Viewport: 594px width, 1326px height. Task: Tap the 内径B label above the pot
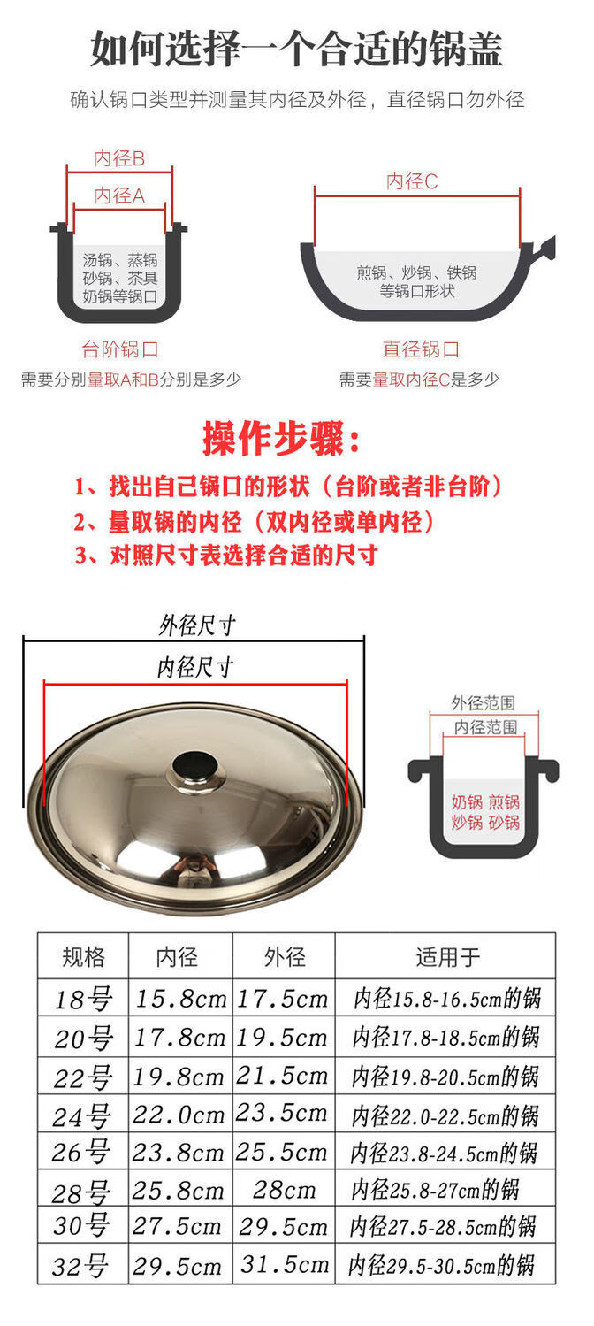pyautogui.click(x=119, y=158)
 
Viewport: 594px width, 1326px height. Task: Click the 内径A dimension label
pyautogui.click(x=119, y=195)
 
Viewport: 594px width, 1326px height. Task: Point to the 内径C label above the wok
pyautogui.click(x=412, y=181)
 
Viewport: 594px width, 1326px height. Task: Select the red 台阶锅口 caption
pyautogui.click(x=120, y=349)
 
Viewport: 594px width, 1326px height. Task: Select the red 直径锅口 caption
pyautogui.click(x=421, y=349)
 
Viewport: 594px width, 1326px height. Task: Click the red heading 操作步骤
pyautogui.click(x=280, y=439)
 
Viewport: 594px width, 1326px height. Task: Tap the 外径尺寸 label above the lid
pyautogui.click(x=197, y=625)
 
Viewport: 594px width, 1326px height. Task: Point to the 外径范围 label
pyautogui.click(x=483, y=702)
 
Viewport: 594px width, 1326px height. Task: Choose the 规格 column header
pyautogui.click(x=83, y=956)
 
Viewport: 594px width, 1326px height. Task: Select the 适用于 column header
pyautogui.click(x=448, y=956)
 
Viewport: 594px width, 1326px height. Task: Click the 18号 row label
pyautogui.click(x=83, y=1000)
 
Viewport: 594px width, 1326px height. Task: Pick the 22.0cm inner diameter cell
pyautogui.click(x=178, y=1115)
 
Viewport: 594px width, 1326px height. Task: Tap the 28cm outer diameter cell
pyautogui.click(x=284, y=1189)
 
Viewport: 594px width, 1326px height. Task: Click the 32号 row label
pyautogui.click(x=80, y=1266)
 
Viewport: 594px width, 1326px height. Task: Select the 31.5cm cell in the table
pyautogui.click(x=284, y=1264)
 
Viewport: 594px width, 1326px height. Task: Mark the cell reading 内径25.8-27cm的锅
pyautogui.click(x=435, y=1190)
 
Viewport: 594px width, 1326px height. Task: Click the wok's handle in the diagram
pyautogui.click(x=544, y=249)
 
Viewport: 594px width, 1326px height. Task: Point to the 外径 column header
pyautogui.click(x=285, y=956)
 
